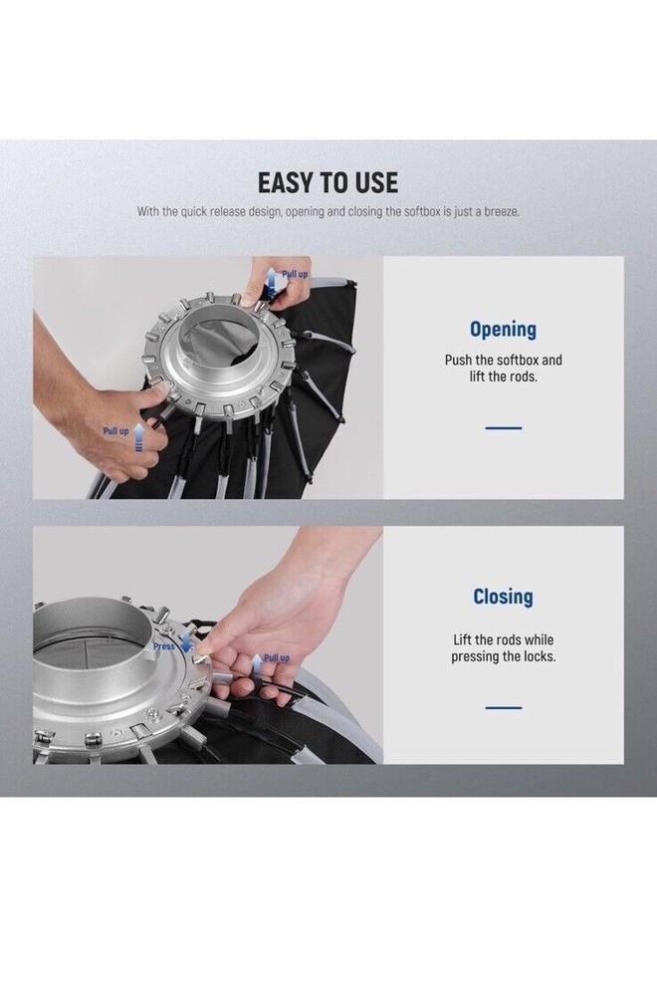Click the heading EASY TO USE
[x=328, y=182]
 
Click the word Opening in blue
[x=503, y=329]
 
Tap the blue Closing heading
[x=503, y=597]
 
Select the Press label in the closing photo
[x=164, y=646]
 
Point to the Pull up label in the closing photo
[x=276, y=658]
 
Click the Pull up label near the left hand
[x=115, y=430]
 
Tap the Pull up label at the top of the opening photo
[x=295, y=274]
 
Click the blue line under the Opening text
[x=504, y=428]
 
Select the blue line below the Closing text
[x=504, y=707]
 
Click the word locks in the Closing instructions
[x=538, y=656]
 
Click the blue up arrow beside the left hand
[x=139, y=439]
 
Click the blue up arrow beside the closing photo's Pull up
[x=256, y=665]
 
